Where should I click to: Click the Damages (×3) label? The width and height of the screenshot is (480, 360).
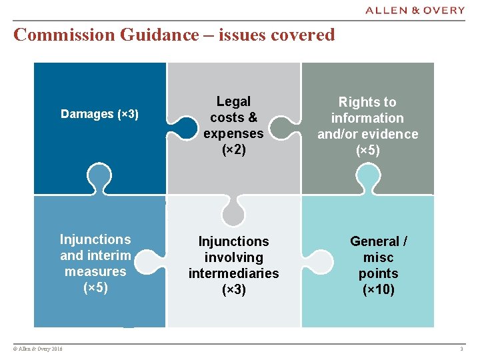tap(99, 114)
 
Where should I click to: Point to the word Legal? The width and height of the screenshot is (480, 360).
tap(233, 101)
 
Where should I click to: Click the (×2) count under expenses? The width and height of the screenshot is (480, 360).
tap(233, 149)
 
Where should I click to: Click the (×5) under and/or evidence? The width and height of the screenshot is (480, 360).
tap(367, 150)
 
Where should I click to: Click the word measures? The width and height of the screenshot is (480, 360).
tap(95, 271)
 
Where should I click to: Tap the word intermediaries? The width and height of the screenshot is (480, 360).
tap(233, 273)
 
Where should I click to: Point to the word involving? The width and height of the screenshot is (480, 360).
tap(233, 257)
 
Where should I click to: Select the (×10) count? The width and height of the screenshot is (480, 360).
tap(378, 289)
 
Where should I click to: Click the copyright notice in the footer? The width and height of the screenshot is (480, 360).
tap(37, 349)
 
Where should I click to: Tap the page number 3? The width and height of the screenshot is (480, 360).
tap(461, 349)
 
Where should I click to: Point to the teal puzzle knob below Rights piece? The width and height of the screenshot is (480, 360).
tap(367, 177)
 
